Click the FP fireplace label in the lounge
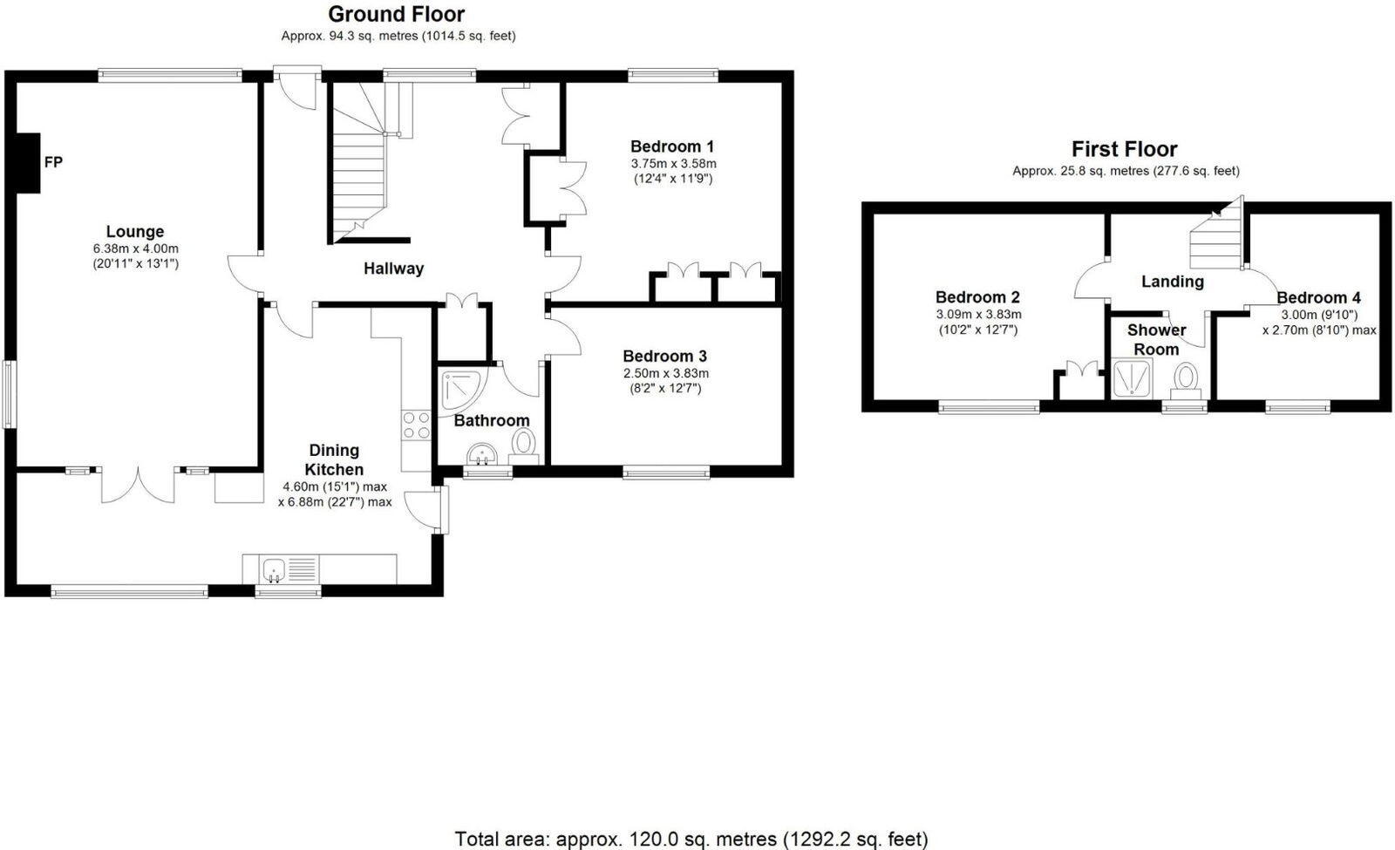point(53,162)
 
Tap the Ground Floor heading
point(396,14)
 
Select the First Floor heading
point(1124,149)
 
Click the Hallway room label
point(393,269)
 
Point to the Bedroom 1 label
point(672,146)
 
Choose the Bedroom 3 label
point(664,357)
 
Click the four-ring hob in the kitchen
point(416,425)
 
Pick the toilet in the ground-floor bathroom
point(523,445)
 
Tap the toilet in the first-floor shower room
point(1185,380)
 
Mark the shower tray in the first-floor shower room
point(1133,379)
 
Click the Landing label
point(1173,282)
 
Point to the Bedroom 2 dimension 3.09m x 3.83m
point(978,314)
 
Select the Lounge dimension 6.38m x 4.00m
point(135,248)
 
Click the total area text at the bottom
point(691,839)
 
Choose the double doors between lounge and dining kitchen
point(139,484)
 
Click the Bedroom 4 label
point(1318,297)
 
